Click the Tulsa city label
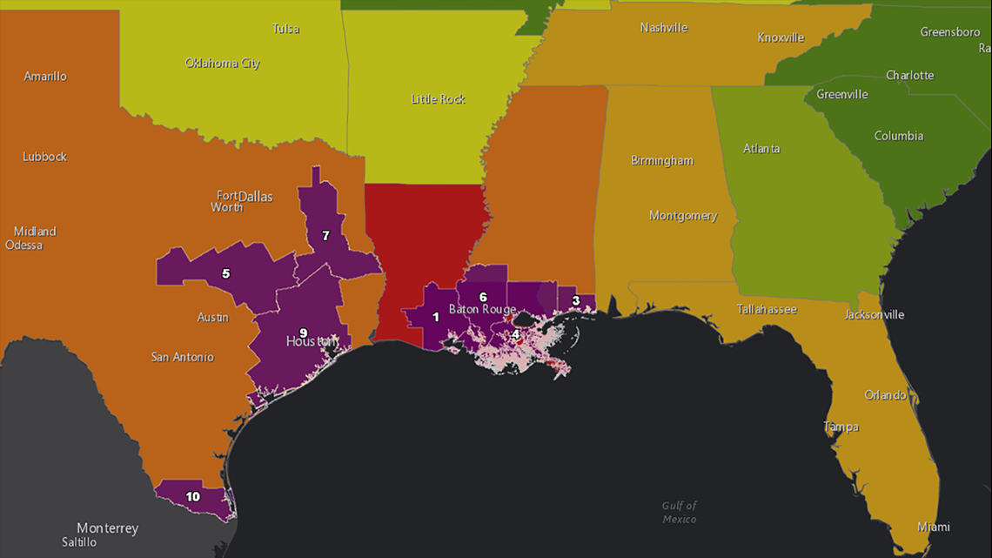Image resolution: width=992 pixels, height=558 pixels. [285, 29]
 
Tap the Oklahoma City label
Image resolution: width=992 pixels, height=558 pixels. [222, 63]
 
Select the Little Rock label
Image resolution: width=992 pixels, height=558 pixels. [438, 99]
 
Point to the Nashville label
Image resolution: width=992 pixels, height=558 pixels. [664, 28]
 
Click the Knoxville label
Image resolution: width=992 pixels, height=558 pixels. [781, 37]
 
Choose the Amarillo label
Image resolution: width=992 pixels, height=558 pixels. [45, 77]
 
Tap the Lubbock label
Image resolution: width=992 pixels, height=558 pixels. [44, 157]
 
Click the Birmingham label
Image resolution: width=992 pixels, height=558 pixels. [662, 160]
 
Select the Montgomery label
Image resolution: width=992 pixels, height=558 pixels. [683, 216]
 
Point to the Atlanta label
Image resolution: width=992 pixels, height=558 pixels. [761, 149]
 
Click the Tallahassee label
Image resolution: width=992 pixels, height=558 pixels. [767, 309]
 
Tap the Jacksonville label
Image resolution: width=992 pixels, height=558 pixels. [875, 314]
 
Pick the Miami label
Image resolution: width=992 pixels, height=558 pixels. [934, 527]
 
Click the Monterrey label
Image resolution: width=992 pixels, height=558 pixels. [107, 528]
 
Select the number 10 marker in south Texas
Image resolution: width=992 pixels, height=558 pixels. [193, 497]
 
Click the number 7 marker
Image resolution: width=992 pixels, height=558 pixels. [325, 235]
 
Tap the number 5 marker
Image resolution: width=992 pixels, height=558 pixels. [225, 273]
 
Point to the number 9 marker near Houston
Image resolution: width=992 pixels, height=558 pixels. [303, 333]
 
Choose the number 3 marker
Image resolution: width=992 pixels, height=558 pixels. [575, 301]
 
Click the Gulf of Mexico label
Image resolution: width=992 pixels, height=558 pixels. [679, 512]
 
